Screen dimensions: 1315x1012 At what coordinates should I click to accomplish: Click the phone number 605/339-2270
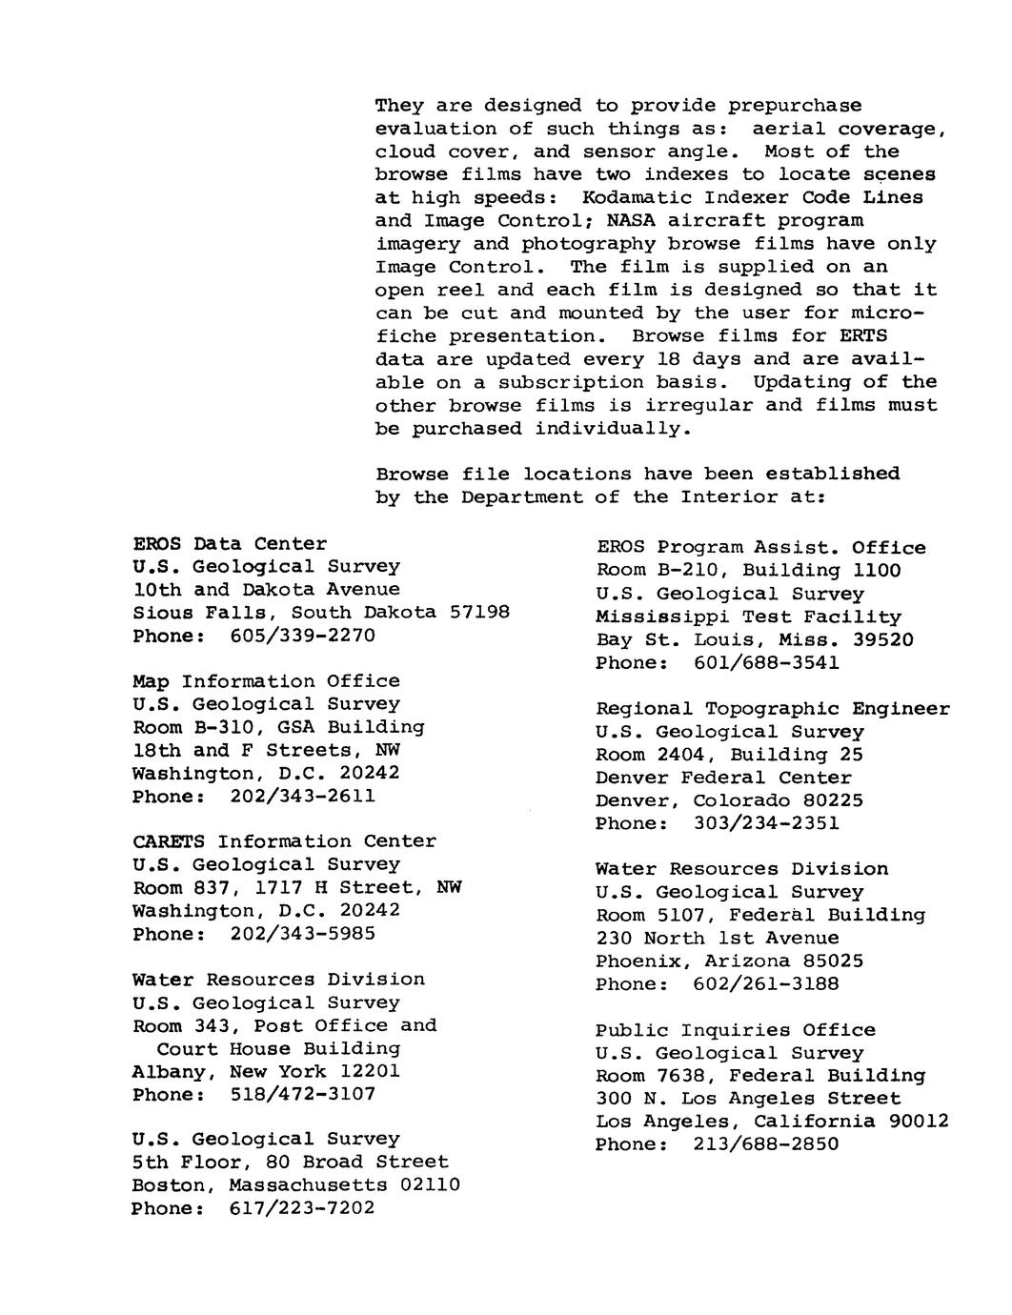(303, 636)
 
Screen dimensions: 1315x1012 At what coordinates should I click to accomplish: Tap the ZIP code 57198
(479, 613)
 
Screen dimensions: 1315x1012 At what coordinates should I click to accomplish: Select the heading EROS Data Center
(230, 543)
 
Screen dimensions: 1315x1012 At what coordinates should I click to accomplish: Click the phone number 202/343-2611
(303, 797)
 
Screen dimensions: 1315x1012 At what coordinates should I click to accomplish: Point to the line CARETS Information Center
(284, 842)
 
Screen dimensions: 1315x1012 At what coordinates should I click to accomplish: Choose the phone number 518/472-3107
(303, 1095)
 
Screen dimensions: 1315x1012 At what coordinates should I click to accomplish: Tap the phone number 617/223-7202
(303, 1208)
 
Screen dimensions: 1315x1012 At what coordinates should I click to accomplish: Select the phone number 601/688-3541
(766, 663)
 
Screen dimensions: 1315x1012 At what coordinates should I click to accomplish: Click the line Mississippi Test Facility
(749, 617)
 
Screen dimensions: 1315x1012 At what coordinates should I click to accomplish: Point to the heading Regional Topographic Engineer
(773, 709)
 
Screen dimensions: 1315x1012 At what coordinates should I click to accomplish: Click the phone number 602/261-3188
(766, 984)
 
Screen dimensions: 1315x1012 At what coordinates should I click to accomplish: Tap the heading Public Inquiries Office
(736, 1030)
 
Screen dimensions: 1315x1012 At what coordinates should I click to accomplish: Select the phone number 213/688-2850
(766, 1144)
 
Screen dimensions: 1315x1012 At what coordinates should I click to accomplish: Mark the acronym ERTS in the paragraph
(862, 335)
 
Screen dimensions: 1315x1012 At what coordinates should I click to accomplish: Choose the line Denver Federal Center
(723, 778)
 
